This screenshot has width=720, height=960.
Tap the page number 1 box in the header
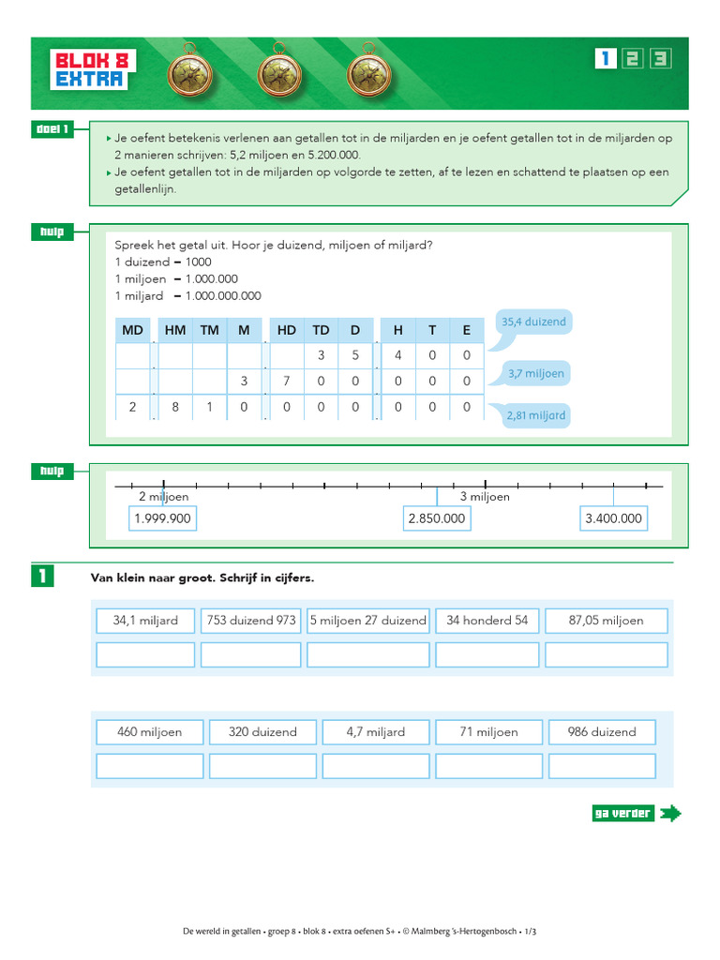pos(605,58)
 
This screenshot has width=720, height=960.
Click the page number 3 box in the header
pos(662,58)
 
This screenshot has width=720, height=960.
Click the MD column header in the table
pos(132,330)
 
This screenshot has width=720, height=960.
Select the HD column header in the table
pos(286,330)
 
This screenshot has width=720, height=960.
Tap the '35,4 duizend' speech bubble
pos(533,322)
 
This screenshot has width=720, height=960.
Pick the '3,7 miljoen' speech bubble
pos(536,373)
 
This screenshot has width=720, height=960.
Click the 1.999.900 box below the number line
pos(163,518)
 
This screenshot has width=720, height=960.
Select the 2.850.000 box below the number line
pos(437,518)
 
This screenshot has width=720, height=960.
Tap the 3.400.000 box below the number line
pos(613,518)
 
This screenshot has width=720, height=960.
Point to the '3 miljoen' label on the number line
pos(485,497)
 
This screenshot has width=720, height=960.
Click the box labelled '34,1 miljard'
pos(145,621)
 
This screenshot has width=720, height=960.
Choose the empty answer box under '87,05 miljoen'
pos(607,654)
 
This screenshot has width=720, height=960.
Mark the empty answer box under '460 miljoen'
pos(150,766)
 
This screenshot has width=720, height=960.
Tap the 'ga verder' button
pos(635,813)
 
